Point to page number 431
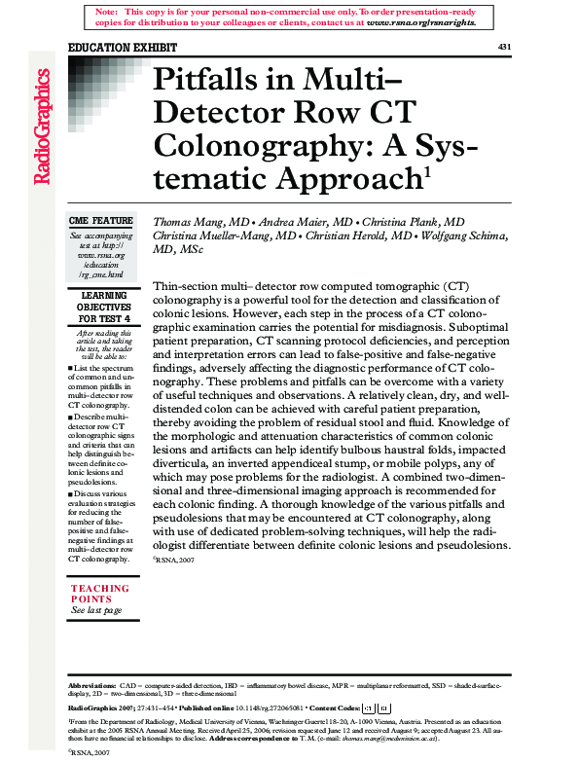coord(504,47)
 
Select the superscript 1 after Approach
coord(425,171)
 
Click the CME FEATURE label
coord(101,222)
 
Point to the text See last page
coord(96,610)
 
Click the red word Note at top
coord(107,10)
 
